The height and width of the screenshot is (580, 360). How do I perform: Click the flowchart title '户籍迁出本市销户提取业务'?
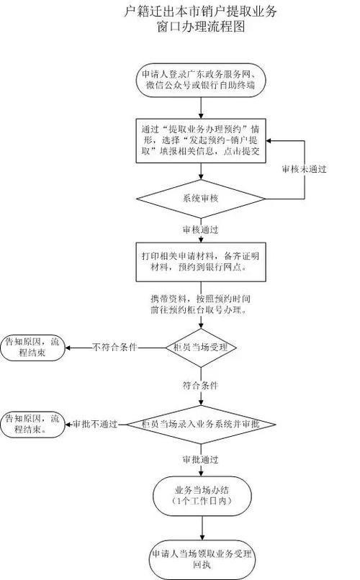point(201,12)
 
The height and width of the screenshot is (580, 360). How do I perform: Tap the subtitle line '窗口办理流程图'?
point(201,28)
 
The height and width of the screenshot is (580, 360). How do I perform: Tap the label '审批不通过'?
point(96,425)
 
